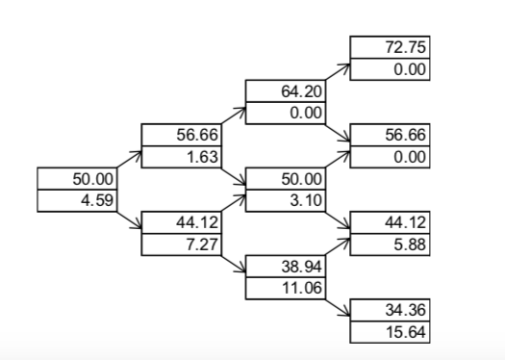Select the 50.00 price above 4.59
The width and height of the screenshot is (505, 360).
(x=92, y=179)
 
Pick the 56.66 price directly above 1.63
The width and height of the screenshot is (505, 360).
(x=197, y=136)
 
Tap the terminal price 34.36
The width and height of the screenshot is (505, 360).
(x=405, y=310)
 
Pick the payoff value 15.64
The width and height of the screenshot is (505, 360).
(x=405, y=332)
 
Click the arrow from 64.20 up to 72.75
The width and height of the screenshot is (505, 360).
(x=338, y=74)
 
